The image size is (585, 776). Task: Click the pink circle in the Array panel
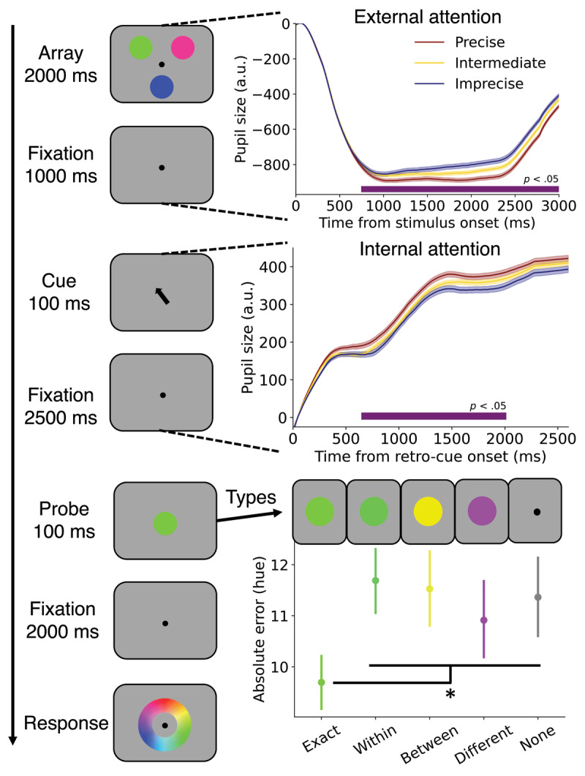tap(183, 48)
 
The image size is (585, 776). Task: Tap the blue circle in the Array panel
tap(162, 87)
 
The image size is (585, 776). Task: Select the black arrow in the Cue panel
tap(162, 295)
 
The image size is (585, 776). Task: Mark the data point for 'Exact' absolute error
tap(322, 682)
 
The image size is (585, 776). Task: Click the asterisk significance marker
tap(450, 693)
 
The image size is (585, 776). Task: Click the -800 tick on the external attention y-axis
tap(276, 165)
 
